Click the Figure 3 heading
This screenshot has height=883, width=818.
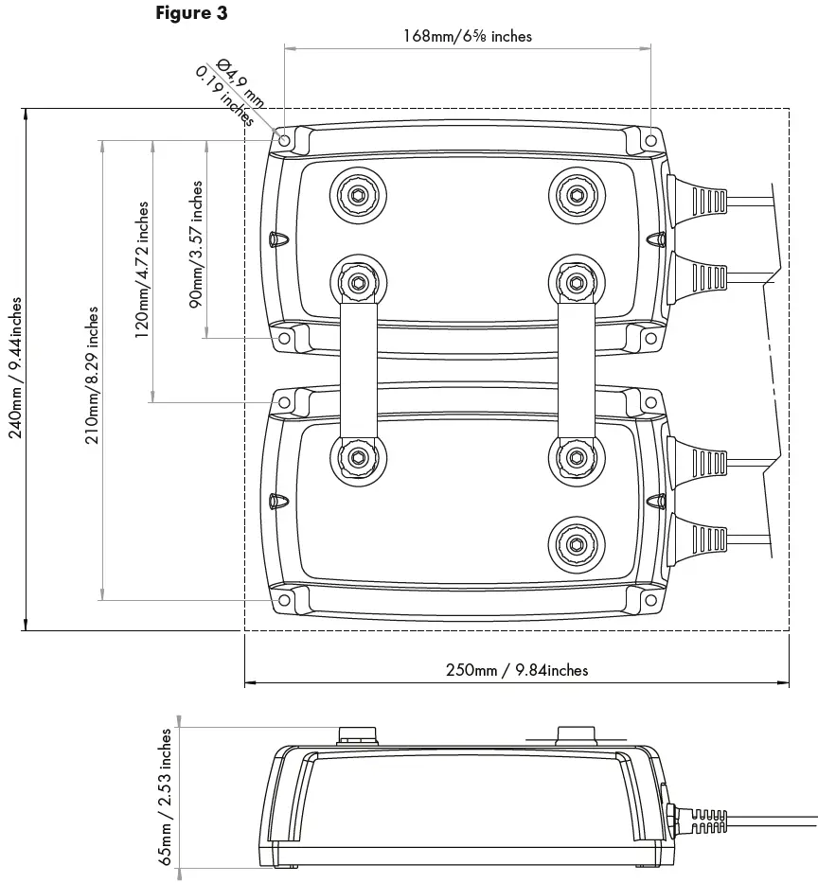[191, 13]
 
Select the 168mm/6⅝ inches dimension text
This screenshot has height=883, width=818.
[468, 36]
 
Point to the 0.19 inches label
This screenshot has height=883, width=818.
[224, 96]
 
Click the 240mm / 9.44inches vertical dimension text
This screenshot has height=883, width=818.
[15, 368]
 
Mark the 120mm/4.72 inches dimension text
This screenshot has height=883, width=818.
[142, 270]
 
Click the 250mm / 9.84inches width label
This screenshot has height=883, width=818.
[517, 670]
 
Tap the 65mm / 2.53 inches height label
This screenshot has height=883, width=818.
[167, 796]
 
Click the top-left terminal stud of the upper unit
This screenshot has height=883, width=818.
[357, 195]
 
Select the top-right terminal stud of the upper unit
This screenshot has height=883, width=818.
[576, 195]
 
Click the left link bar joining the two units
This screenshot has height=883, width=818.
[357, 369]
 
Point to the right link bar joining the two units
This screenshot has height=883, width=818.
[576, 369]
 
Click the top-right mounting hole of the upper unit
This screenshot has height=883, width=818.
[650, 140]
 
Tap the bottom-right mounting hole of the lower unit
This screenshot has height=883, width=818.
[650, 600]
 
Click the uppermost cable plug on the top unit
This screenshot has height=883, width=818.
[698, 202]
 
